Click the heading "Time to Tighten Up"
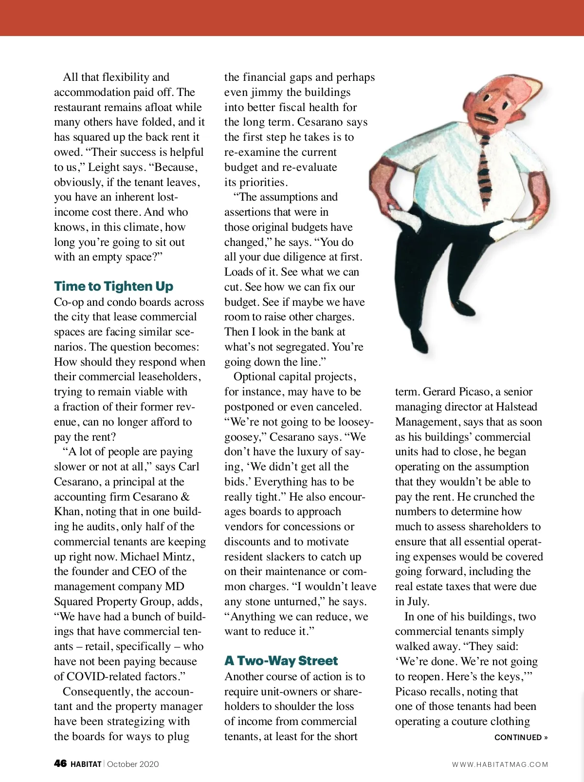[113, 286]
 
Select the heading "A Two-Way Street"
[281, 660]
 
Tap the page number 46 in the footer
[60, 763]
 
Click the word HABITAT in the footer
[86, 764]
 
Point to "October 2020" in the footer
[133, 764]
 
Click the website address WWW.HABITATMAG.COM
[500, 764]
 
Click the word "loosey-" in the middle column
[351, 422]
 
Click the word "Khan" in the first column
[67, 511]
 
